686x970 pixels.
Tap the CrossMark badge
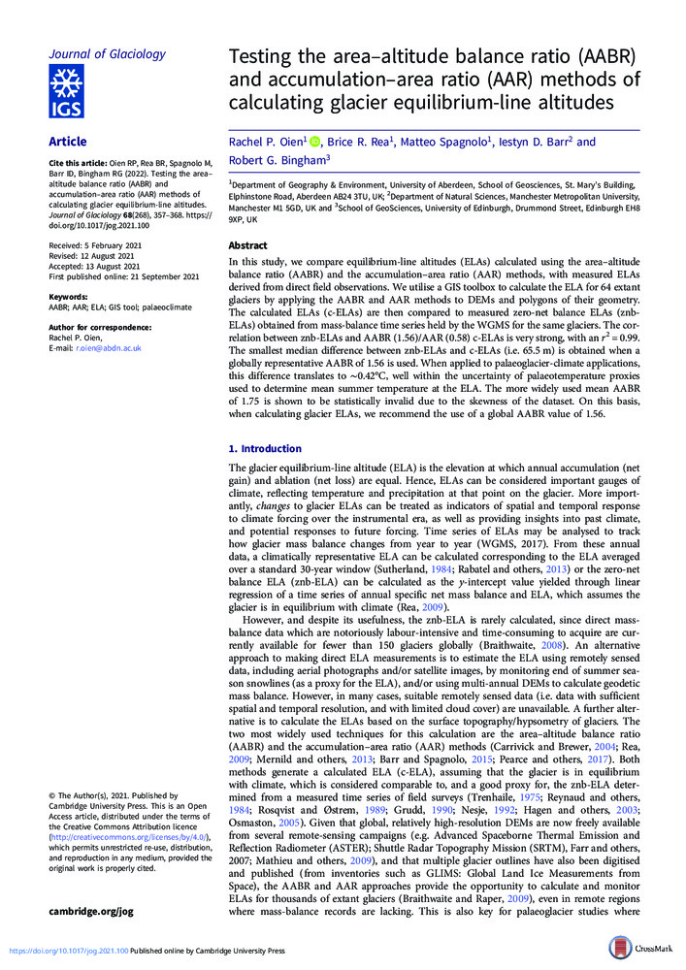(641, 949)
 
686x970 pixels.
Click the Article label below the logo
(68, 142)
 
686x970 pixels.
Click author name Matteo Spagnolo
(450, 143)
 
